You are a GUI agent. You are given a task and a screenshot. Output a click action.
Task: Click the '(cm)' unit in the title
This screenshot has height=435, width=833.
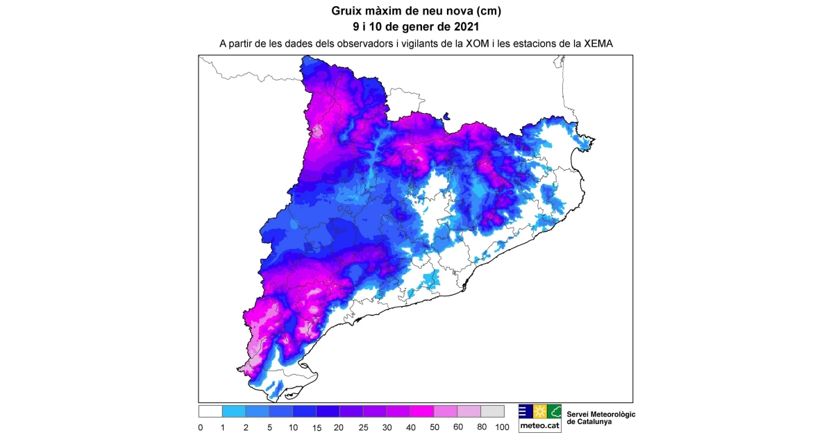(x=487, y=11)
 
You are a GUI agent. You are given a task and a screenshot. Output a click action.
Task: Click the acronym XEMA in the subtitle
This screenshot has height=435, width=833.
(x=598, y=43)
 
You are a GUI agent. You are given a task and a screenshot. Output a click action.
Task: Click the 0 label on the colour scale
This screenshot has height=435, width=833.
(x=200, y=427)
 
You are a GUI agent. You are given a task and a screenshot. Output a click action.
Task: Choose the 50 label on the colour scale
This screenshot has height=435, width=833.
(x=434, y=427)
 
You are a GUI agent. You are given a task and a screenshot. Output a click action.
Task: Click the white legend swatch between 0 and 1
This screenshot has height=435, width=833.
(x=210, y=411)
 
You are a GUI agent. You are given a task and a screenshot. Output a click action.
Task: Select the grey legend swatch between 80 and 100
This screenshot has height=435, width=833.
(x=492, y=411)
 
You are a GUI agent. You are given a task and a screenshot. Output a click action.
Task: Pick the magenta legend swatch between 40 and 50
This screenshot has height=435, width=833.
(x=422, y=411)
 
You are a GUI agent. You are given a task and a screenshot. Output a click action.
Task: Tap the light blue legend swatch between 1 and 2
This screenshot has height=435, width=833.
(x=234, y=411)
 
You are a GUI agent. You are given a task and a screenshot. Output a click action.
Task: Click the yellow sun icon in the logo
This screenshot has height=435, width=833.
(x=539, y=411)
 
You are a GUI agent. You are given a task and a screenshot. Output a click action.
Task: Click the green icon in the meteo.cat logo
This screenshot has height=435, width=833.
(x=554, y=411)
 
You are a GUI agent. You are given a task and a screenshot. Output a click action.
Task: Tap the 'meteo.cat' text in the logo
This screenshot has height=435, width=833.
(x=539, y=426)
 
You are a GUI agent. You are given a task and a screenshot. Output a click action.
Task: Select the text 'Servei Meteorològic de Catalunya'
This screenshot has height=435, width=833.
(x=601, y=418)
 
